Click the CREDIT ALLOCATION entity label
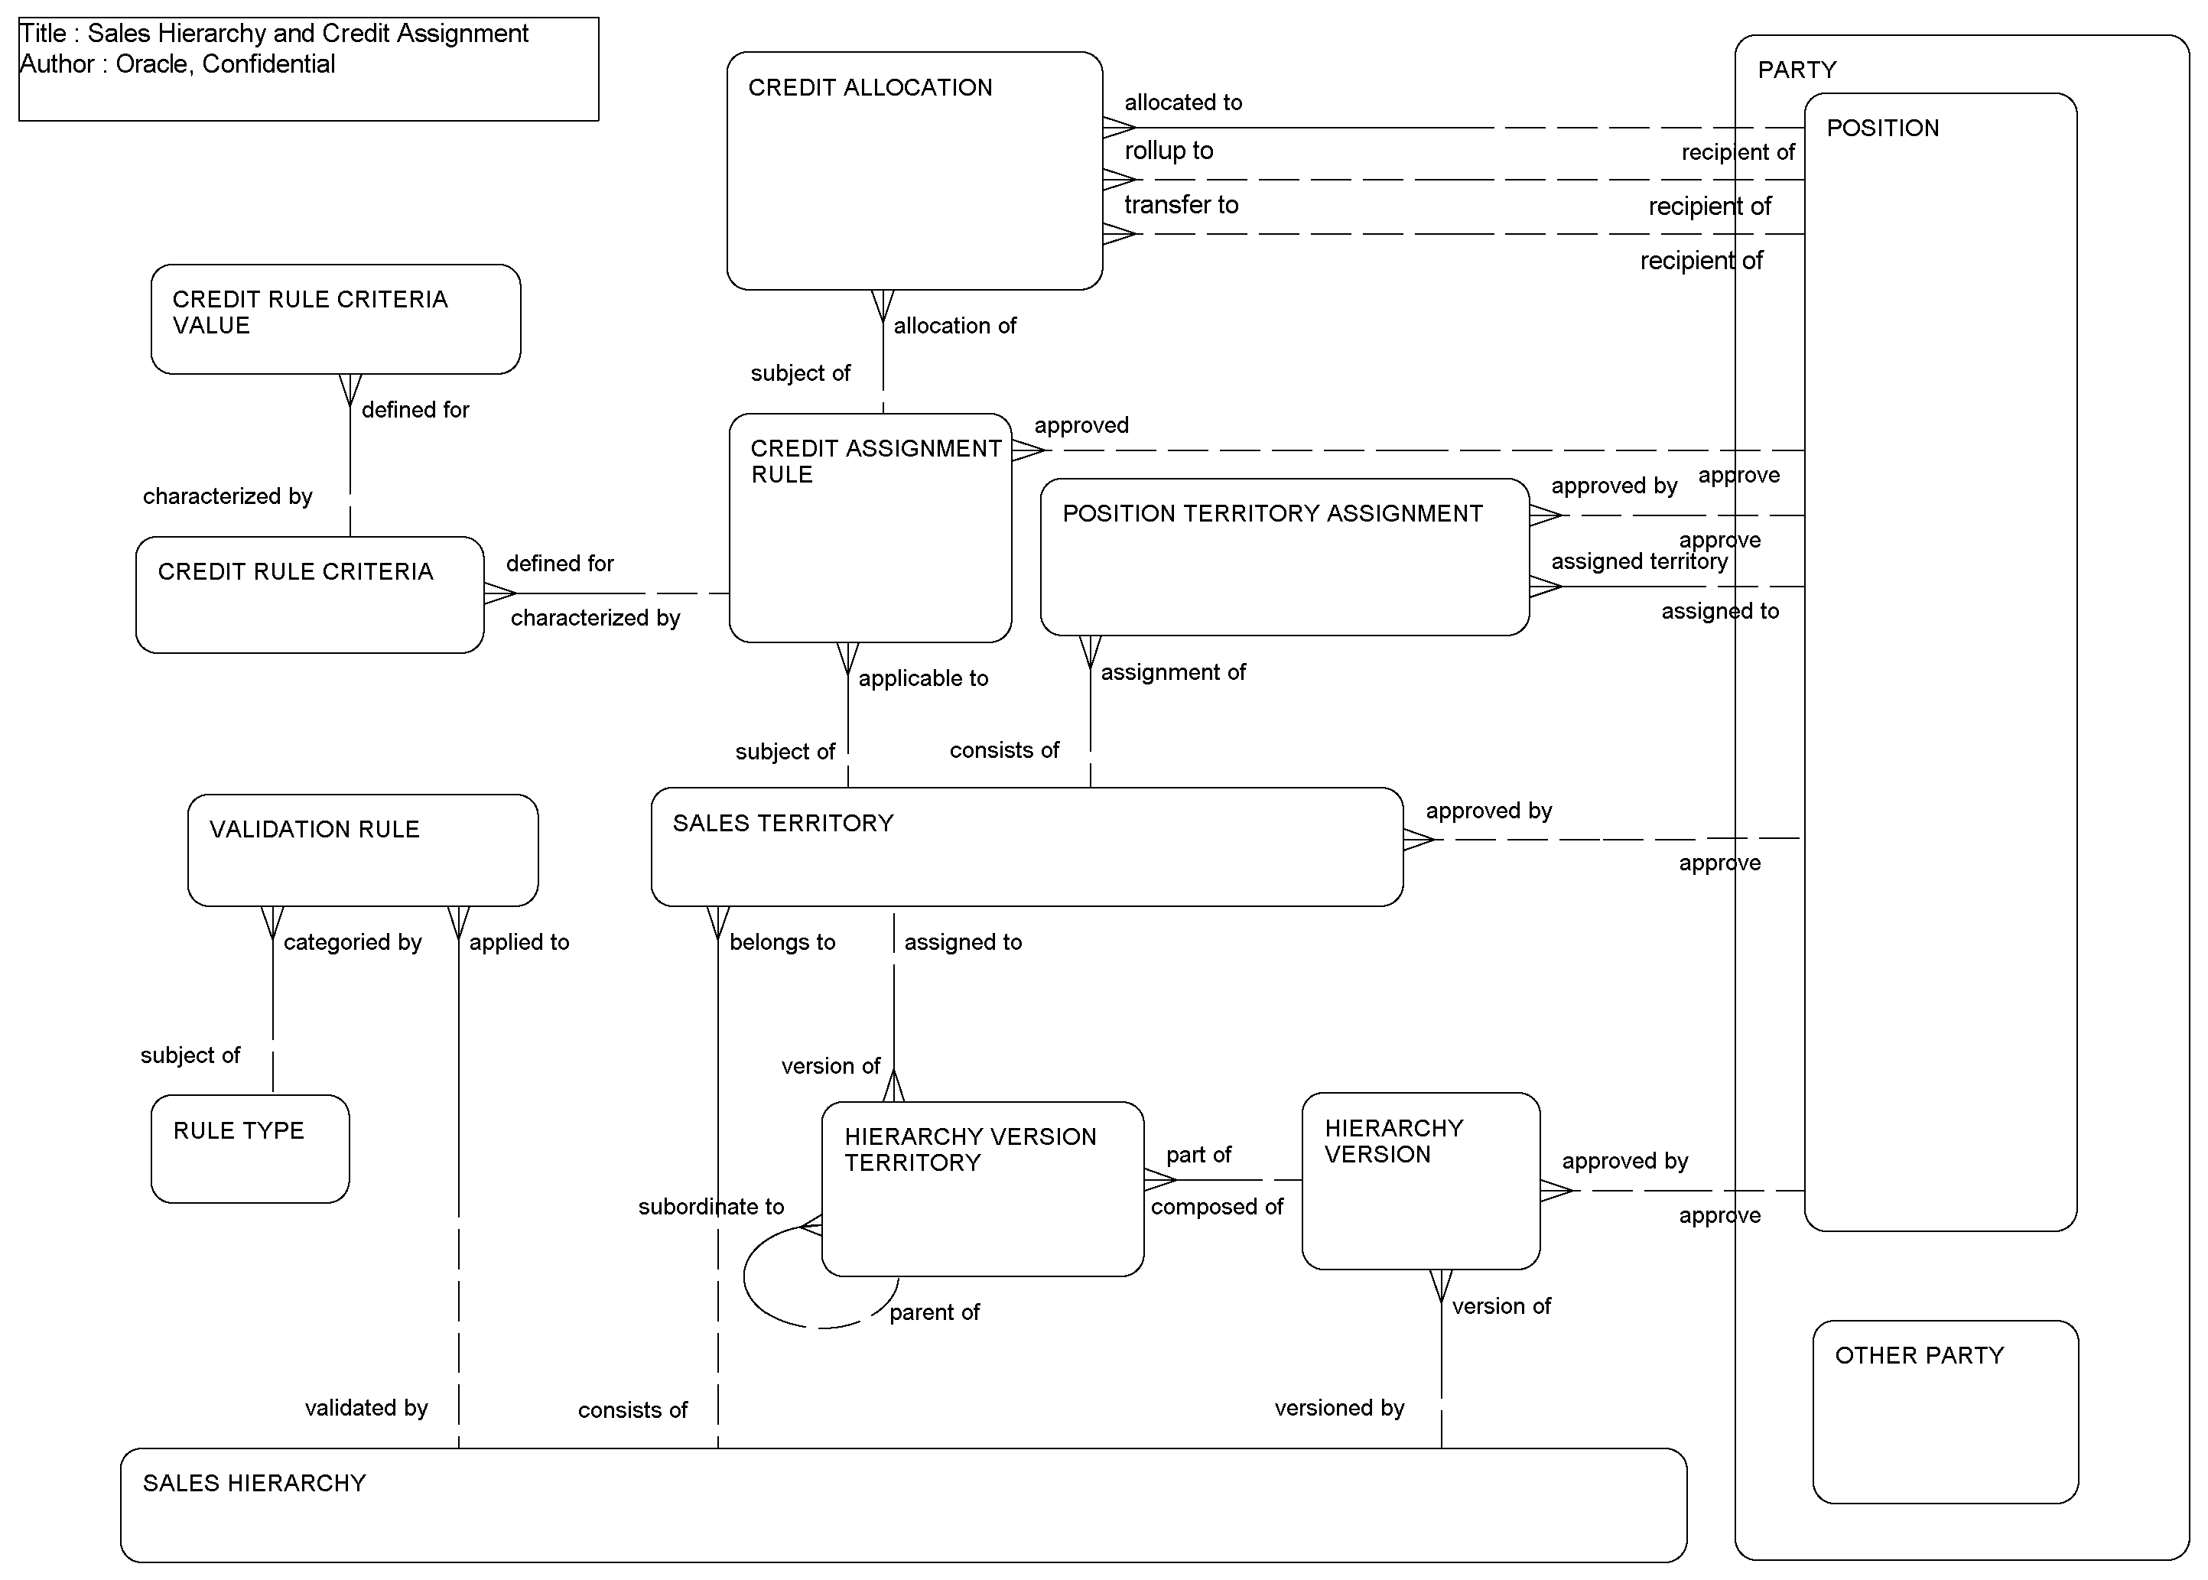click(x=870, y=87)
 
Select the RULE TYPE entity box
click(x=250, y=1149)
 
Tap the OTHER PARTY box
click(x=1944, y=1411)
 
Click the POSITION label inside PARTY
click(x=1882, y=128)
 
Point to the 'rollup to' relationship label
click(x=1168, y=151)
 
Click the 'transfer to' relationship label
click(x=1181, y=205)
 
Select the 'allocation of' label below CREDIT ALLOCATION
click(x=954, y=326)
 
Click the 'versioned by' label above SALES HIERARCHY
click(x=1339, y=1408)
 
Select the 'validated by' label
click(x=366, y=1408)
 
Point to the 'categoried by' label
click(x=352, y=941)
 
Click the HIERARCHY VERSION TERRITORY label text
click(x=969, y=1149)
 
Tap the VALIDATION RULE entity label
click(x=314, y=829)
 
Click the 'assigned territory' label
click(x=1639, y=561)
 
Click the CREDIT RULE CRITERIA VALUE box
click(x=336, y=319)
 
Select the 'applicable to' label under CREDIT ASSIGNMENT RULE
click(x=922, y=678)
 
